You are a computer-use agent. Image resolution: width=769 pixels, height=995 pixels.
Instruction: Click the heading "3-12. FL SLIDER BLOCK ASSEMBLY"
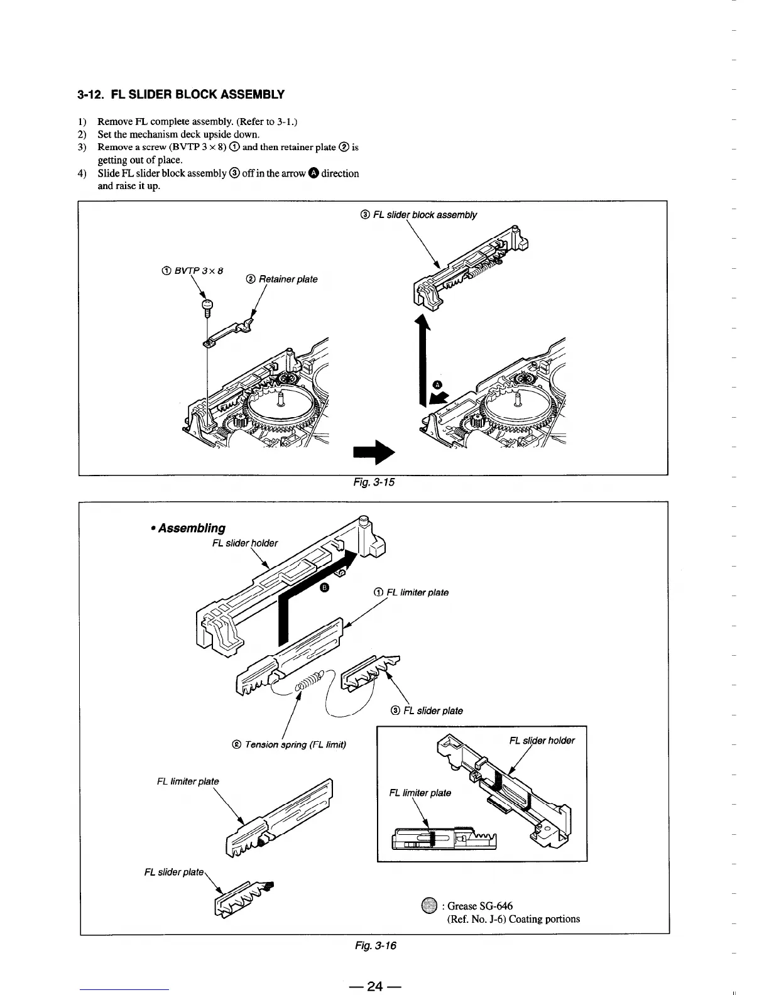(181, 95)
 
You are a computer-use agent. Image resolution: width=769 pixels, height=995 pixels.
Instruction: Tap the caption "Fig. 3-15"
(374, 482)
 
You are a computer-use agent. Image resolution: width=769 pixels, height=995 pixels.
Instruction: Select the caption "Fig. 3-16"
(376, 945)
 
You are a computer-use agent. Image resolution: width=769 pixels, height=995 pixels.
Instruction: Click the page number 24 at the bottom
(375, 986)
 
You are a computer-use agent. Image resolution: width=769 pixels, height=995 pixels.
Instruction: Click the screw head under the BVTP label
(208, 305)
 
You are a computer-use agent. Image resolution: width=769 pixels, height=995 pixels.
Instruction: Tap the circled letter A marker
(438, 384)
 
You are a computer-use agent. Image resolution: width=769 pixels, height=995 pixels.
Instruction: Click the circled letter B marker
(324, 587)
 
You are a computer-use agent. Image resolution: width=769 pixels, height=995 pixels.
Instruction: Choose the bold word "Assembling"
(191, 528)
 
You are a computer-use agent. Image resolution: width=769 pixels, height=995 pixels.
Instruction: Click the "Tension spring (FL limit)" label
(289, 744)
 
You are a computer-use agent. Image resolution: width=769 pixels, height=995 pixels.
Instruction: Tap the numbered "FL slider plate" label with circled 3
(427, 710)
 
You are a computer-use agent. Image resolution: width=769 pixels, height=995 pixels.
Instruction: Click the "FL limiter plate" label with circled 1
(411, 592)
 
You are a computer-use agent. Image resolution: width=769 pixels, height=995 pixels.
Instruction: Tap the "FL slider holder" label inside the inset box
(542, 740)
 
